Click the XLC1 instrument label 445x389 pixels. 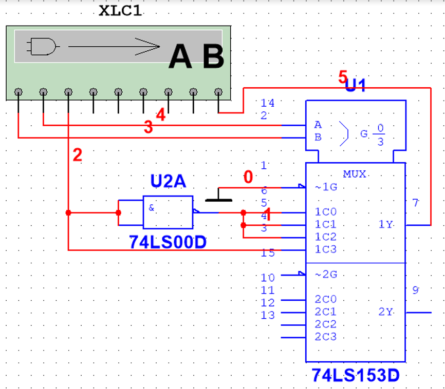(120, 11)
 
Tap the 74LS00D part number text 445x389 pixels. (168, 242)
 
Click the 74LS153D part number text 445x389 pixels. (355, 376)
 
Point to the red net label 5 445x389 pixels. (343, 77)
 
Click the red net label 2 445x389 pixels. (77, 154)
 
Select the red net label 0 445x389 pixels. (248, 177)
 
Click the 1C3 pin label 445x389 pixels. (325, 250)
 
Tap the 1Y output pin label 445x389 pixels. (385, 225)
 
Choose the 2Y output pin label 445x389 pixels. (385, 312)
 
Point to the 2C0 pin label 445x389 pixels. (325, 300)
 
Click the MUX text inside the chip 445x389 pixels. (355, 174)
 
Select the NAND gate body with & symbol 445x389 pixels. (168, 212)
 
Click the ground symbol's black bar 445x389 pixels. (219, 200)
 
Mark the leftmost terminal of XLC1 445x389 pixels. (18, 92)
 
